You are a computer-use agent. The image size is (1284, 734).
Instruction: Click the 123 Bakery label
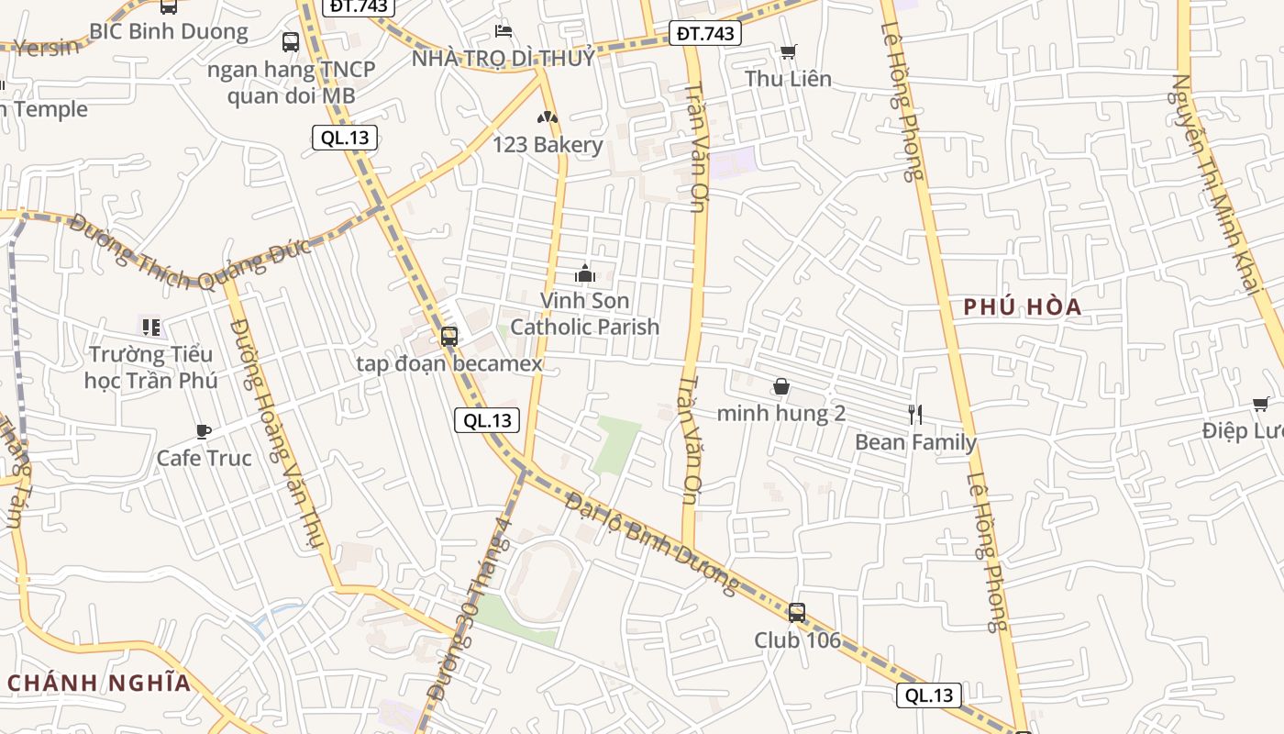point(548,144)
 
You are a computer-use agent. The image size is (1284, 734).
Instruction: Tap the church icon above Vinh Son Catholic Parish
point(585,273)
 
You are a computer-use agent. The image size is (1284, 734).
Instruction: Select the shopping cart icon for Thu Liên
point(788,52)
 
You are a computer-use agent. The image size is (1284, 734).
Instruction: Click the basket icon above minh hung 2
point(781,386)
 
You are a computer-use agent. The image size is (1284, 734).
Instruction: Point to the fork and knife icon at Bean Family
point(914,415)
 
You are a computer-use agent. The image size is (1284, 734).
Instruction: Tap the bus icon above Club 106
point(797,613)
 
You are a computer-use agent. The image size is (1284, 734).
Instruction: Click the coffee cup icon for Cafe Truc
point(204,431)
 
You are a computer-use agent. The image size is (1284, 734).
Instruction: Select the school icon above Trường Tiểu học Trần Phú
point(151,327)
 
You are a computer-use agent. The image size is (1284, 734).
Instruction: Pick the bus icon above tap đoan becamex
point(448,337)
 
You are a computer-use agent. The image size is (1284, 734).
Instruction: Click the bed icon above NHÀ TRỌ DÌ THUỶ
point(503,31)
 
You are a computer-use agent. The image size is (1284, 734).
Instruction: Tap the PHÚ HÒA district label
point(1023,307)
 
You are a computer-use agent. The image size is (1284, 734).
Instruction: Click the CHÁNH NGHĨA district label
point(99,683)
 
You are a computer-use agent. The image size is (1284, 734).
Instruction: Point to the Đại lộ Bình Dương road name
point(651,541)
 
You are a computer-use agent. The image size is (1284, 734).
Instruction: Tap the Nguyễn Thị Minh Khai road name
point(1216,183)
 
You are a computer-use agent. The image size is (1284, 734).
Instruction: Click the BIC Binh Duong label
point(168,31)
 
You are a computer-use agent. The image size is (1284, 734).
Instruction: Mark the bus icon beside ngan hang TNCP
point(291,42)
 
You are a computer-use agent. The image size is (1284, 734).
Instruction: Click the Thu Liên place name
point(788,79)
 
